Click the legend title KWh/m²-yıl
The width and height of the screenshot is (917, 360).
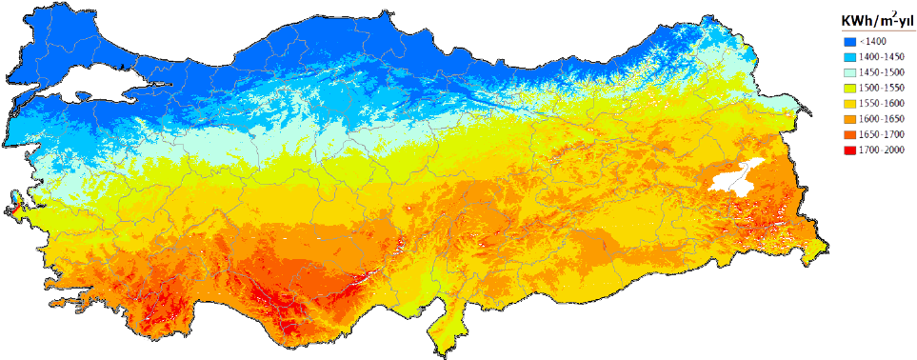[871, 21]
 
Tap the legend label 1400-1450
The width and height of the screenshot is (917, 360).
[880, 57]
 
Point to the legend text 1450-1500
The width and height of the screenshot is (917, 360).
[880, 72]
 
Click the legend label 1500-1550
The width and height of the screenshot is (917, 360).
[880, 88]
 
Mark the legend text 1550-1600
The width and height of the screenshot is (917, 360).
[880, 103]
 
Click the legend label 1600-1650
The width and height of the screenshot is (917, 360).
[880, 119]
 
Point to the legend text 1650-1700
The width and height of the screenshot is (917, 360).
[880, 134]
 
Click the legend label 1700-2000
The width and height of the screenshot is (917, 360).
[880, 150]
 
